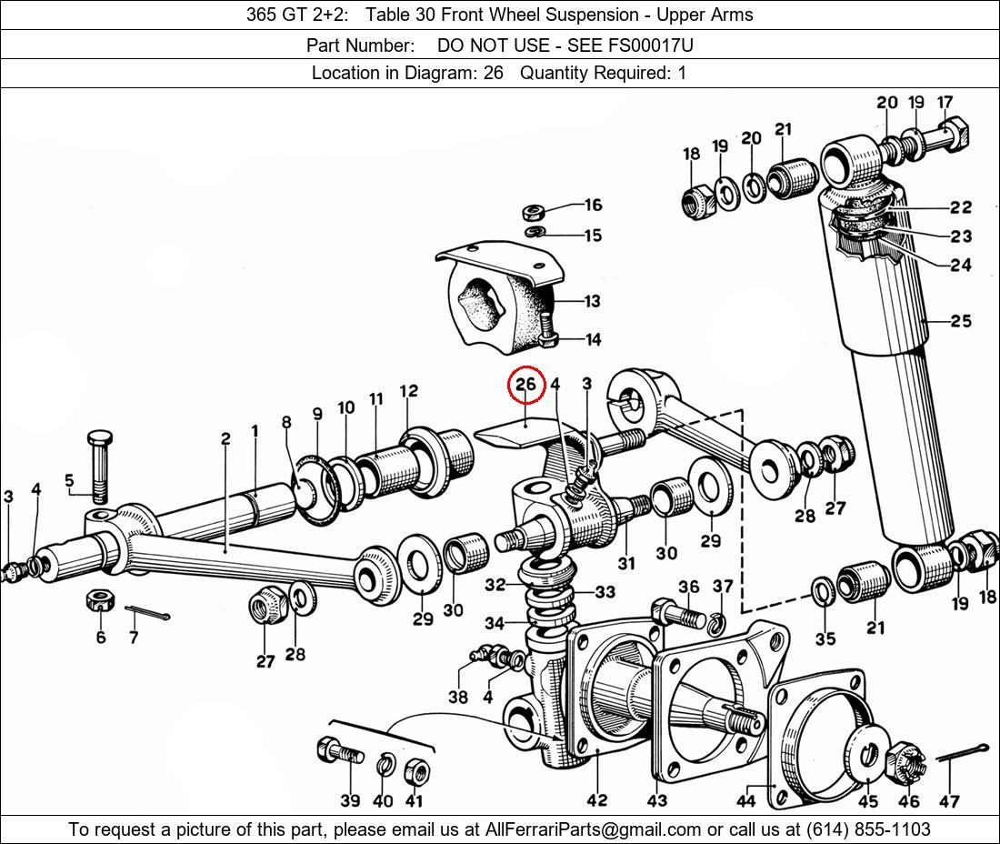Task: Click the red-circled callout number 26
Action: tap(526, 385)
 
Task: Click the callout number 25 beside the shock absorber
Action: tap(961, 320)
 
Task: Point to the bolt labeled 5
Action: tap(99, 465)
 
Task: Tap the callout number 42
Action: tap(596, 800)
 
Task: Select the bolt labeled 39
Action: tap(339, 753)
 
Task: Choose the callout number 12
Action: tap(408, 391)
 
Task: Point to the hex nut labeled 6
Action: tap(99, 601)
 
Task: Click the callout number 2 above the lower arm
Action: tap(225, 438)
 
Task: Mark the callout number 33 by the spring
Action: tap(605, 592)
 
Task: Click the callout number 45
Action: tap(868, 801)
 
